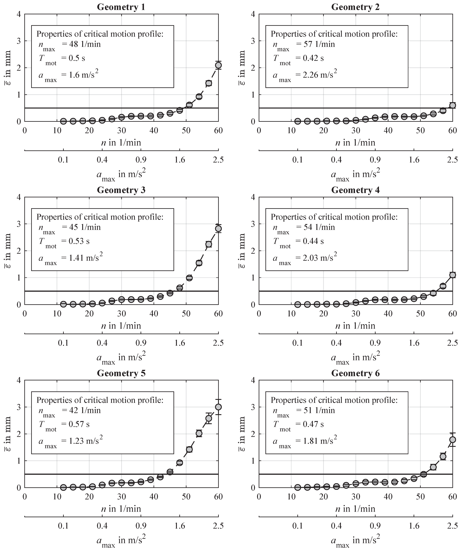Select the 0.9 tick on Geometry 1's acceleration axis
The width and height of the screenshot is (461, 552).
(141, 159)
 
